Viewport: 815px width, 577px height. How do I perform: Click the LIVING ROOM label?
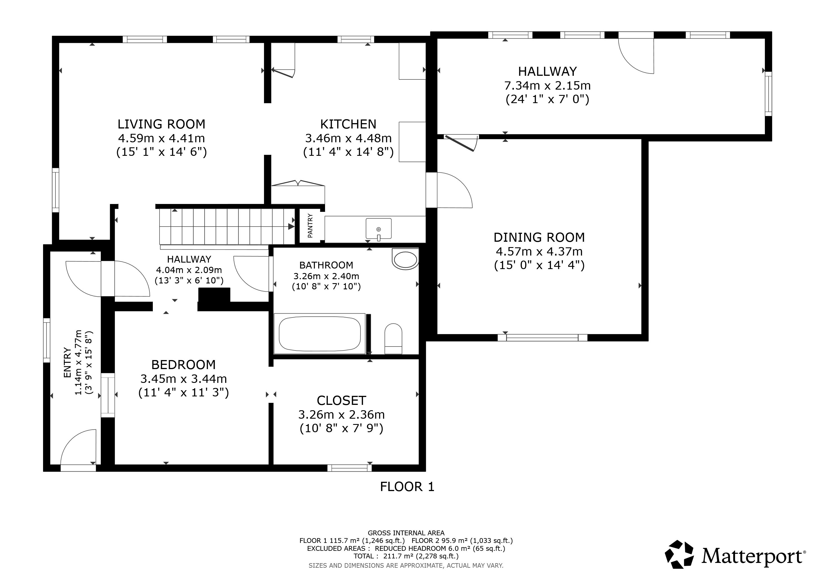click(x=162, y=124)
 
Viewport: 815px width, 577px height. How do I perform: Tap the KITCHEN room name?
click(x=348, y=124)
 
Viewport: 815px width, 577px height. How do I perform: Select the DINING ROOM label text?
click(x=539, y=237)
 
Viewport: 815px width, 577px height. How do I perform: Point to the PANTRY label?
click(x=310, y=226)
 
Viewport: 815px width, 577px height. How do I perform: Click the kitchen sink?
click(x=379, y=229)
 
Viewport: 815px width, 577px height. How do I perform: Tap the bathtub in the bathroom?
click(x=320, y=333)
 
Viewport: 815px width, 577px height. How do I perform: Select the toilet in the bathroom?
click(x=393, y=338)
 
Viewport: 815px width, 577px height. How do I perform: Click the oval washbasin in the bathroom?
click(x=405, y=259)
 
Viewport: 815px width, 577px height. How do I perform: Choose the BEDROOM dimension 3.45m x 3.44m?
click(x=183, y=379)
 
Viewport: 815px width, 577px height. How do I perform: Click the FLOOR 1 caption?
click(x=407, y=487)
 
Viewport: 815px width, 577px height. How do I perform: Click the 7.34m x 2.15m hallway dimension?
click(x=547, y=86)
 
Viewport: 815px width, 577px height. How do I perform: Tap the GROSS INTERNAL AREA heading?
click(x=406, y=533)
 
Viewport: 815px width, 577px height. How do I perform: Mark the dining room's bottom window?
click(x=542, y=338)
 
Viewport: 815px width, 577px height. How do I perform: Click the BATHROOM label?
click(x=326, y=265)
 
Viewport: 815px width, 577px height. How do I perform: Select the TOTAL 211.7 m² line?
click(x=406, y=556)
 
